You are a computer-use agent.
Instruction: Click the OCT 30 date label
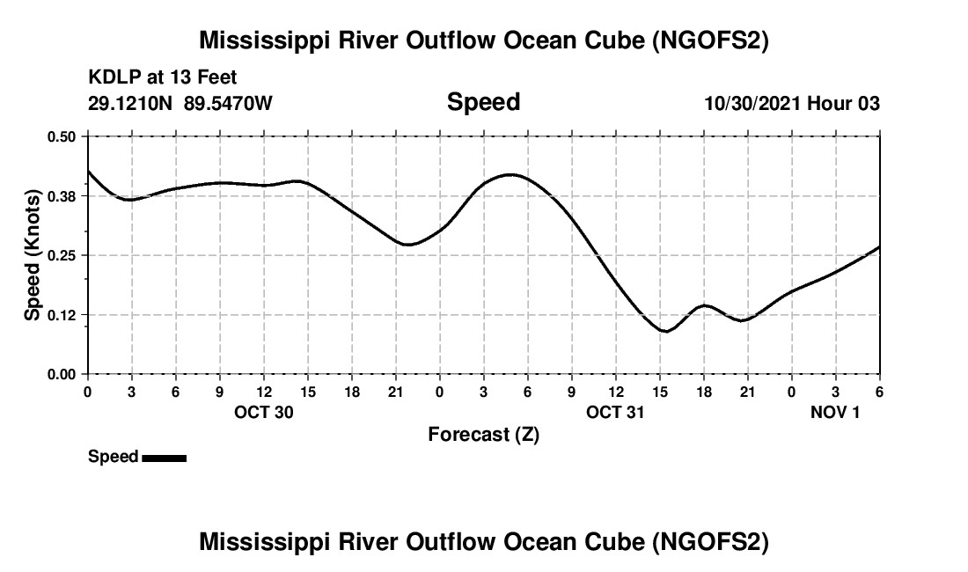(264, 413)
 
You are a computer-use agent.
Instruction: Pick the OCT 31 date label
(616, 413)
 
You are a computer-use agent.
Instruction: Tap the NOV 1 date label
(835, 413)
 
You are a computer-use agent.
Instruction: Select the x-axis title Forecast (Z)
(483, 435)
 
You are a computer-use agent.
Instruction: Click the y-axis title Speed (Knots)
(33, 255)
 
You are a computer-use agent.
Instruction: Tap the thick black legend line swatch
(164, 458)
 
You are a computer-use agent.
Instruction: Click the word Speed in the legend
(113, 457)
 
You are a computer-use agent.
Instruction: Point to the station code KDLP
(112, 78)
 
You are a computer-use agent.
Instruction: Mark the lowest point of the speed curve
(667, 332)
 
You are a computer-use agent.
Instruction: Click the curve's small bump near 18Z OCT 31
(704, 305)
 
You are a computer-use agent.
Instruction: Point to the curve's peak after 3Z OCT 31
(511, 174)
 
